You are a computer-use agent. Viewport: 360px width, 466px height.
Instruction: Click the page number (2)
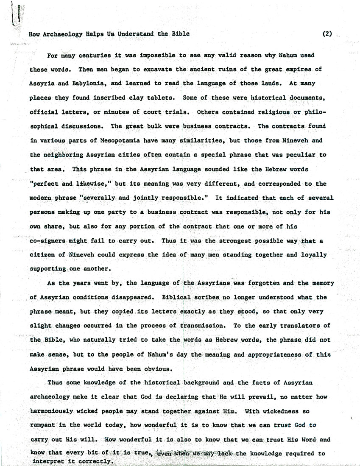click(327, 34)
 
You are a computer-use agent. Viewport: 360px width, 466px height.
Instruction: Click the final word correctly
click(95, 461)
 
